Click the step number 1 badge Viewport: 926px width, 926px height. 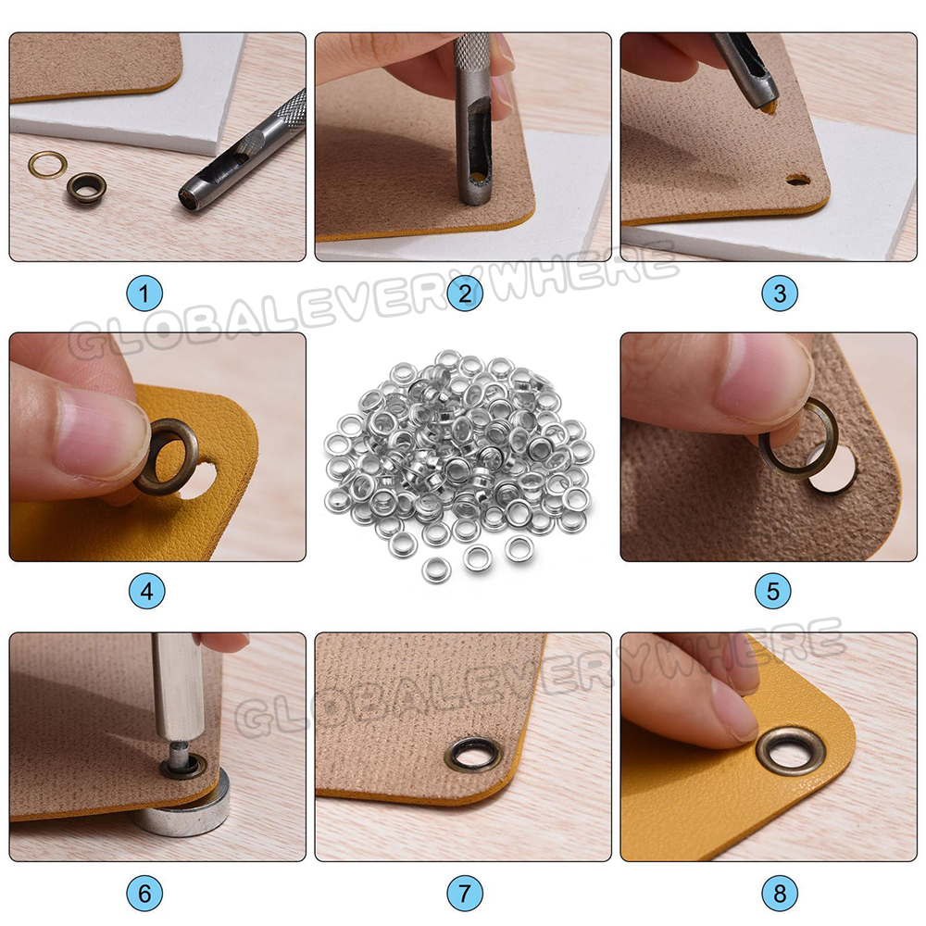click(x=144, y=294)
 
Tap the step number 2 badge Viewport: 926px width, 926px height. click(x=465, y=294)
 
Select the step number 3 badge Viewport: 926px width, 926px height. click(x=780, y=294)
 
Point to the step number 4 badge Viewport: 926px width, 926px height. click(x=147, y=591)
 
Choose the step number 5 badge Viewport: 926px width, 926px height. click(x=773, y=591)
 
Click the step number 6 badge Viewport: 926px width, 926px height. click(x=144, y=893)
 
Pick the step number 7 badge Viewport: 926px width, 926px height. click(x=465, y=893)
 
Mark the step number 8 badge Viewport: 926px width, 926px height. click(x=780, y=893)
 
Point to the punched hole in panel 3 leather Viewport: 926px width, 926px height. click(x=798, y=180)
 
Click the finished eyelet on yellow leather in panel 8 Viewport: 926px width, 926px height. click(x=762, y=752)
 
